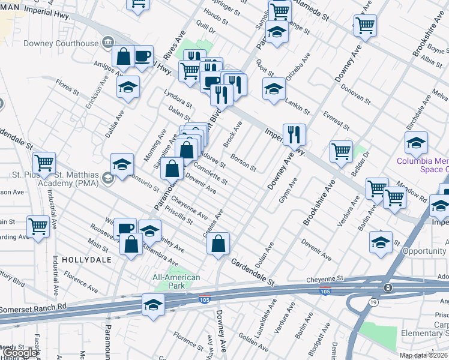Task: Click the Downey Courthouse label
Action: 61,43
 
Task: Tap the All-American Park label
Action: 176,281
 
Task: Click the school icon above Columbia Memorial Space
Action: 415,143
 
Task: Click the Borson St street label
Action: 244,164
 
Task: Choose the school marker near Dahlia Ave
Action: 128,86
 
